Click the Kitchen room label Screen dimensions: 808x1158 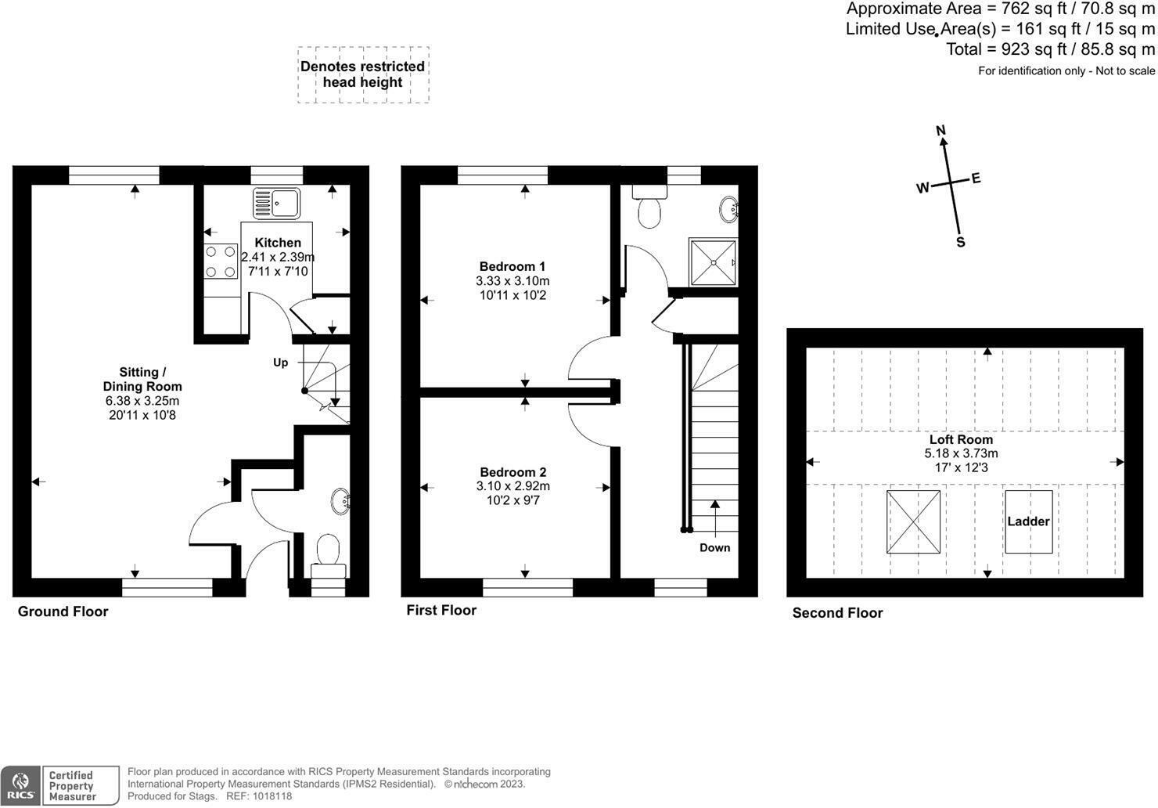(x=278, y=243)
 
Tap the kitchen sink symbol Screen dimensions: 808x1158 (x=276, y=204)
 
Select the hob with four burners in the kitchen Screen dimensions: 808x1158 (x=221, y=262)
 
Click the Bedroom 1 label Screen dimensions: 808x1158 (x=512, y=266)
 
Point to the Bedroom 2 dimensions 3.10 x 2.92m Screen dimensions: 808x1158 (x=512, y=486)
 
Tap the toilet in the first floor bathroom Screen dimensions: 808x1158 (x=649, y=207)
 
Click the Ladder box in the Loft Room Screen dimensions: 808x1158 (x=1028, y=521)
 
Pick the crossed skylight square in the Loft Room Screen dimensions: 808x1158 (x=913, y=521)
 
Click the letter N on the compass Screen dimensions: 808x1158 (x=941, y=131)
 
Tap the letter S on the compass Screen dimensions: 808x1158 (x=961, y=243)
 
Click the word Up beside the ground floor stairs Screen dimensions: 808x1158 (x=280, y=363)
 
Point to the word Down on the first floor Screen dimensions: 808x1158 (x=714, y=547)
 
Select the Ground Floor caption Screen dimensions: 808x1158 (x=63, y=611)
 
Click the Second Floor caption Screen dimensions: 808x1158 (x=837, y=613)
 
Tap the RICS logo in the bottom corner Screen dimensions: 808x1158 (x=20, y=785)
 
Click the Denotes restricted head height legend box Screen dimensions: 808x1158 (x=363, y=74)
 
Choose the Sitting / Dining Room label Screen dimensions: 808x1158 (x=142, y=379)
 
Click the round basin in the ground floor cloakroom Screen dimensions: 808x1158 (x=340, y=501)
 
